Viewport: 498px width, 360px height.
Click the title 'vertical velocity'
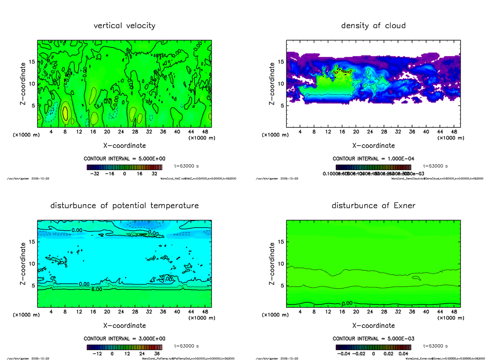124,26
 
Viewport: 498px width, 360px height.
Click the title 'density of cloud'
373,26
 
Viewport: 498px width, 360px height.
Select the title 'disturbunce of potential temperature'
124,206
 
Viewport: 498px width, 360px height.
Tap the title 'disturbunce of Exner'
373,206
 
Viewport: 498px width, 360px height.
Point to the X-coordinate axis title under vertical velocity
124,146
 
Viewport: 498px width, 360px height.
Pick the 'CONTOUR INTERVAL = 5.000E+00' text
124,159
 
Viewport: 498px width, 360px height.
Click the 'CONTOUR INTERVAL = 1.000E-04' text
373,159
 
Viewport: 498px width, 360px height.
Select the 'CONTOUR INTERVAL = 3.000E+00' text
124,338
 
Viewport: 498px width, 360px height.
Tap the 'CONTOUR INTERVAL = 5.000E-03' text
373,338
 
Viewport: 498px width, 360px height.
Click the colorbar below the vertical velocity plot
124,167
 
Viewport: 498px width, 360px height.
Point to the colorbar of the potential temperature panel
124,347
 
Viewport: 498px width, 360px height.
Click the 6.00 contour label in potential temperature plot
96,289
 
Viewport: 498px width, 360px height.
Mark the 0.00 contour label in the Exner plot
348,303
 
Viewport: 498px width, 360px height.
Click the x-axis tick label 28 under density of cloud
384,132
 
